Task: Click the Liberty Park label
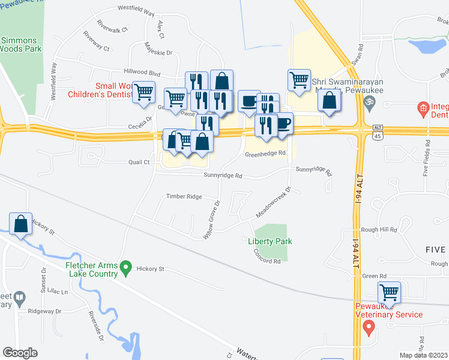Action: click(270, 241)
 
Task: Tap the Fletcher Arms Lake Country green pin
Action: click(125, 266)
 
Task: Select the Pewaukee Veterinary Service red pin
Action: click(369, 328)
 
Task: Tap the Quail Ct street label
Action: click(138, 162)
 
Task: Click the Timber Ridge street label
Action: click(184, 197)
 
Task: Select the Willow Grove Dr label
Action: click(212, 221)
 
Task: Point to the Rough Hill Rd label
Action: click(379, 230)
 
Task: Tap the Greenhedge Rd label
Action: click(264, 154)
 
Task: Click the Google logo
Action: click(20, 352)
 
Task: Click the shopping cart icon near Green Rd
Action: click(389, 293)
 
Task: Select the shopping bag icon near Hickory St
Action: click(21, 223)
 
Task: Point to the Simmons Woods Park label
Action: click(20, 45)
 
